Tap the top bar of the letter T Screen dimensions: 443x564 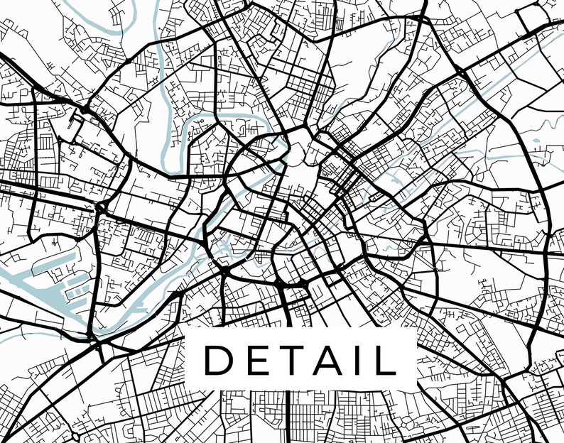tap(288, 346)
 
